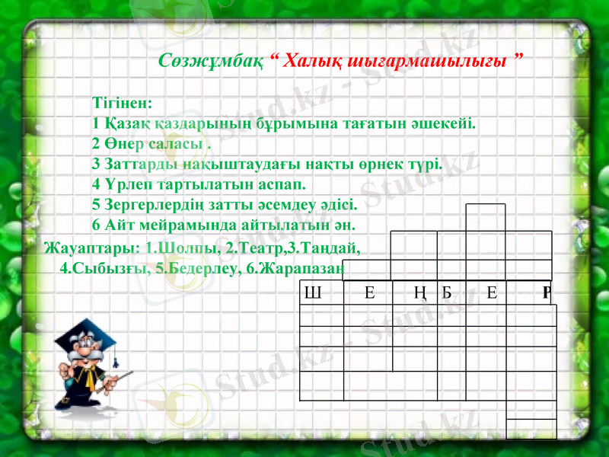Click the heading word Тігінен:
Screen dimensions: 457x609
122,101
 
